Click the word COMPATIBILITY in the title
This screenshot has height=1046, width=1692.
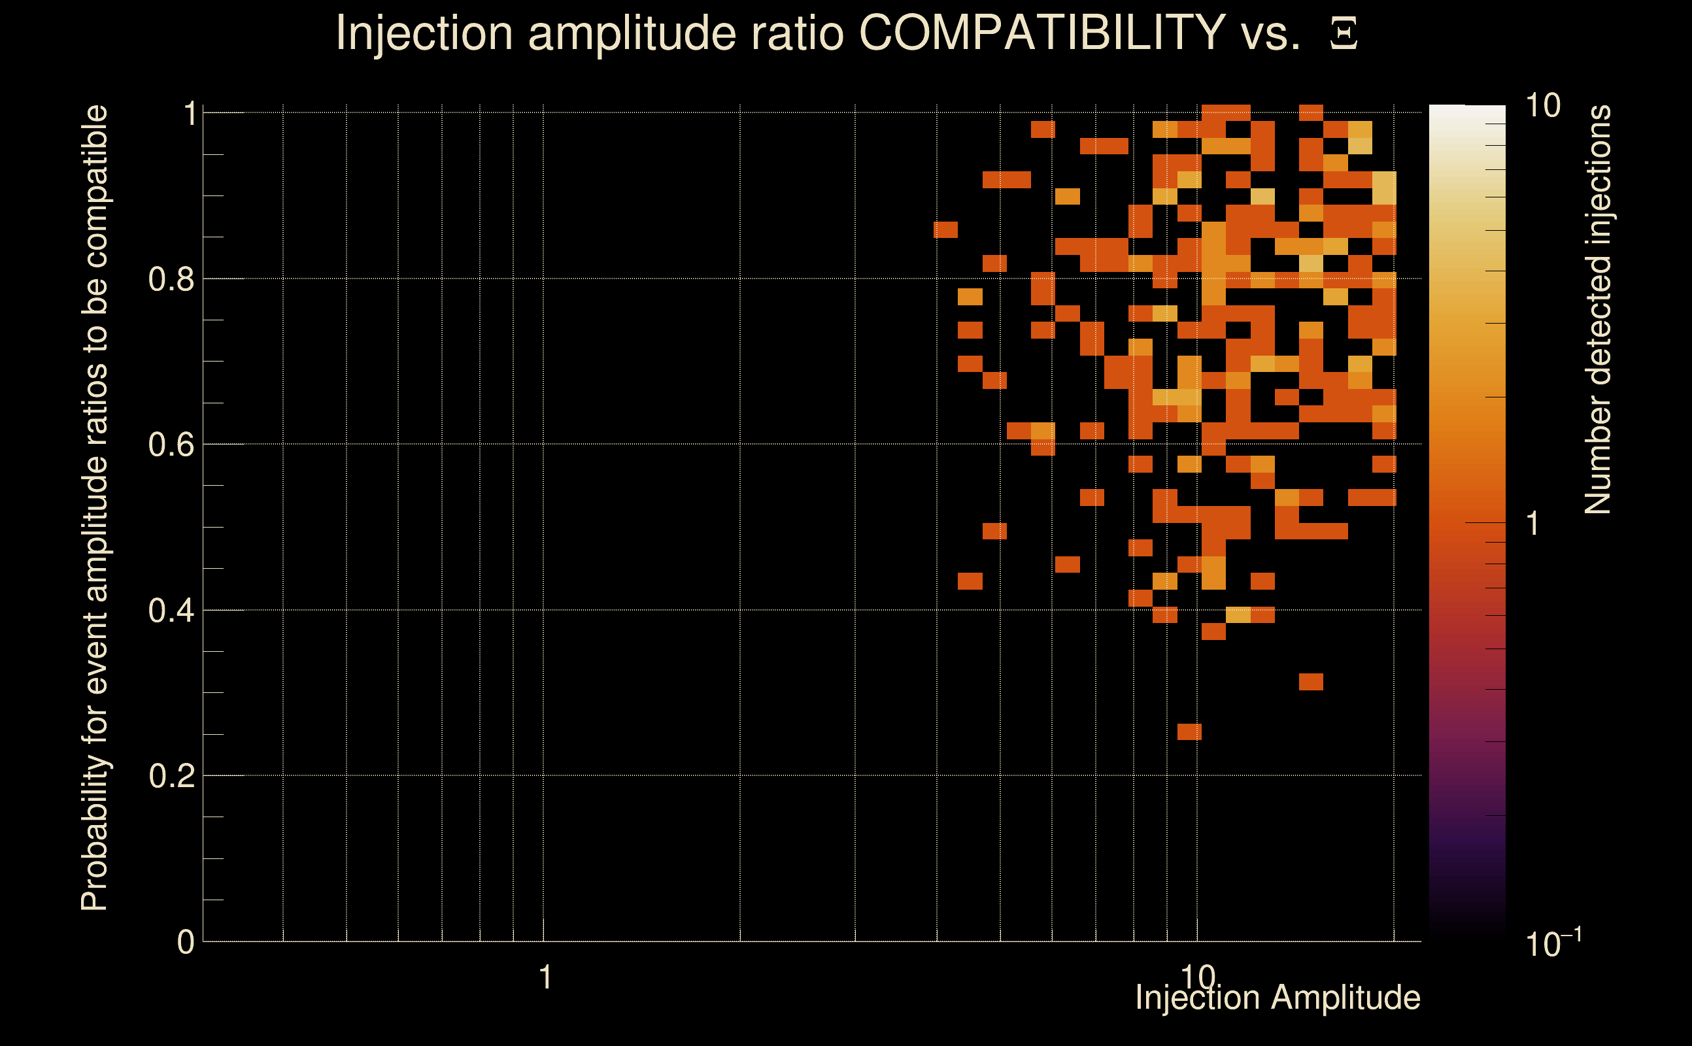[1041, 33]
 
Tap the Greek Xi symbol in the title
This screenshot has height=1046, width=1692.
[1344, 34]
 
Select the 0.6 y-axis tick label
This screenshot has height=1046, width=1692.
[171, 444]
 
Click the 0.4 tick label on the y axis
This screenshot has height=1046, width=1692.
[171, 610]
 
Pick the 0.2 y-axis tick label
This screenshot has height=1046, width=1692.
[171, 775]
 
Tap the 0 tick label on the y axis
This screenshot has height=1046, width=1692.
[186, 941]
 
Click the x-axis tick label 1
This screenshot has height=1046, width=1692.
[545, 977]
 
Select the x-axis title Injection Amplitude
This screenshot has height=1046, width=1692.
[1277, 998]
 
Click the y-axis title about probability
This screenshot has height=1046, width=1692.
[95, 509]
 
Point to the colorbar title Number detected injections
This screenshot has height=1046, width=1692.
[1597, 309]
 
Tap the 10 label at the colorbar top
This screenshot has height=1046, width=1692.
[1542, 106]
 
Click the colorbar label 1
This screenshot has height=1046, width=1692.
[1533, 524]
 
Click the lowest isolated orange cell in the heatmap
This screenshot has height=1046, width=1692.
[1189, 732]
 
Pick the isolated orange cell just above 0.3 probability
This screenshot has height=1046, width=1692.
[1311, 682]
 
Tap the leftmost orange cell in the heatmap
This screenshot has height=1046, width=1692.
[945, 229]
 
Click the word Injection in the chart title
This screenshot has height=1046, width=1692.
[424, 33]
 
